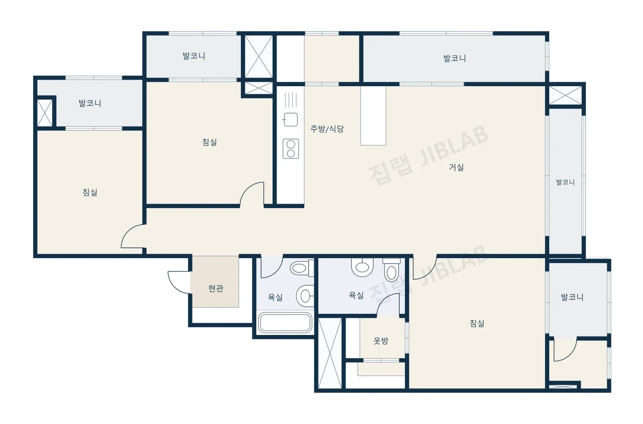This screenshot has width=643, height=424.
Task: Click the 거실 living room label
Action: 456,167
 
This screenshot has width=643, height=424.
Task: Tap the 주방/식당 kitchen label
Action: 327,129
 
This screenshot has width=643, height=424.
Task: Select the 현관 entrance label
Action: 216,288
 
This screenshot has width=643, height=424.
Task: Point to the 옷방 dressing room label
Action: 381,341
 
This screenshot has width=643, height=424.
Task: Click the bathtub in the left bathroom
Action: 285,323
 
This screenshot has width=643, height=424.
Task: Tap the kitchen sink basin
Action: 290,120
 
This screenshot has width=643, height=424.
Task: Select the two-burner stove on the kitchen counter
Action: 291,149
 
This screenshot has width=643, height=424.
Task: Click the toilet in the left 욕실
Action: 302,268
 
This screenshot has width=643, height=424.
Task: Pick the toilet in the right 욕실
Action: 391,270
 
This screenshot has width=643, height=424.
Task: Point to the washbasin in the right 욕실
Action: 362,267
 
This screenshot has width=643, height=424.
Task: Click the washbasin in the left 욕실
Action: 305,296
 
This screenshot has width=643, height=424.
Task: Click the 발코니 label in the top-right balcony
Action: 455,58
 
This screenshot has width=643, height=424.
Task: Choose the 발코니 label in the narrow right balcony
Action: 565,182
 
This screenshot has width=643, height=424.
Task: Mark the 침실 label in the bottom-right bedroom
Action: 477,324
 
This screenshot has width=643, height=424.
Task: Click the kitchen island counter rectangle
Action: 373,115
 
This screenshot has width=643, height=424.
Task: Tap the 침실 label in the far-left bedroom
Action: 90,192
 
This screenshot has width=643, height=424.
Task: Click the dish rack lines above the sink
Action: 290,100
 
